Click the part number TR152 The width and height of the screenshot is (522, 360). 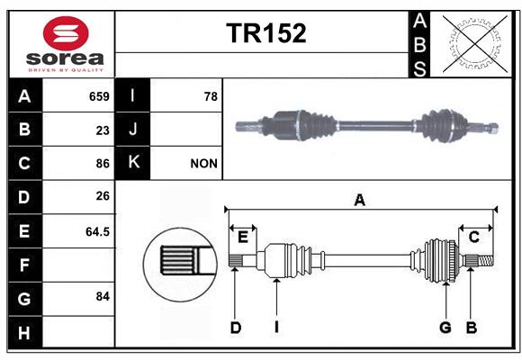[266, 33]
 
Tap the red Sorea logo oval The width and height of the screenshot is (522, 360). [66, 33]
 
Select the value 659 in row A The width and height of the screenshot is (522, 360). [99, 96]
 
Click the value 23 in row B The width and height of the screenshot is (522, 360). [103, 130]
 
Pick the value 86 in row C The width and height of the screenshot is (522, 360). [103, 164]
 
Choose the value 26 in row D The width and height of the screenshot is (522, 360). [103, 196]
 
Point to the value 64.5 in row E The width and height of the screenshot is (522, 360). [97, 231]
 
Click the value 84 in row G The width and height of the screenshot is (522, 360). [103, 296]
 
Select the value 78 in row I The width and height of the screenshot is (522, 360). [211, 96]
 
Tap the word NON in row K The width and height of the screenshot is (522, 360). [203, 164]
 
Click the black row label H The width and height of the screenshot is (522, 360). [24, 332]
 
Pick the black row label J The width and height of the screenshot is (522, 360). [132, 130]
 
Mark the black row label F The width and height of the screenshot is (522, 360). [24, 265]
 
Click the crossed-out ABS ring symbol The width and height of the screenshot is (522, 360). [474, 43]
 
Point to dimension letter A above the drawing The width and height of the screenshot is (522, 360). [359, 200]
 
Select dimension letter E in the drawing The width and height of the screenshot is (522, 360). [243, 237]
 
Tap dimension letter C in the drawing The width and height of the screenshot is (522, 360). [473, 237]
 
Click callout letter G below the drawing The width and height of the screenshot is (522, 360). [445, 328]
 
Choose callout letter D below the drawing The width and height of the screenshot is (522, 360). [236, 328]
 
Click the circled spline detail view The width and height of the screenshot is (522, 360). [180, 265]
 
